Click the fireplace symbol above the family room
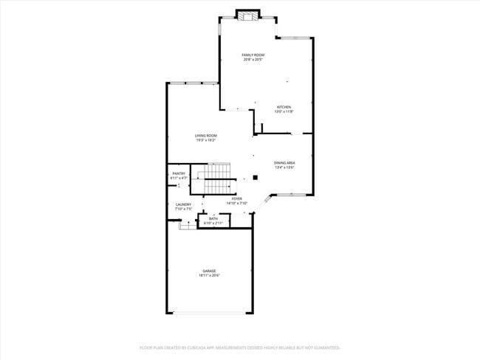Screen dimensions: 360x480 249,14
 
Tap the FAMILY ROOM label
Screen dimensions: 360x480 253,55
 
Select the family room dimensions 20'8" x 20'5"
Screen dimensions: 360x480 253,60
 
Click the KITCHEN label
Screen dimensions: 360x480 284,107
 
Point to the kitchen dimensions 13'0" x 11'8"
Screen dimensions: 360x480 284,111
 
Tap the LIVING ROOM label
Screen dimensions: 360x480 206,136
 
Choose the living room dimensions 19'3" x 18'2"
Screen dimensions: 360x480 206,140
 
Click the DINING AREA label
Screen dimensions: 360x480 285,163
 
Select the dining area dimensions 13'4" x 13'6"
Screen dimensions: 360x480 285,167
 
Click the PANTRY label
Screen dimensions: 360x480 179,173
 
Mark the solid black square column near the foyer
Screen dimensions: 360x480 255,177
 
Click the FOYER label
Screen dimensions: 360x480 237,198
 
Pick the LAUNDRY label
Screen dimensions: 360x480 183,204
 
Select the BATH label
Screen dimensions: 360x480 213,218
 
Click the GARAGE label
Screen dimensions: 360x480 210,271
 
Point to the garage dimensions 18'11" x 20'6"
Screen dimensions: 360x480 210,275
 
